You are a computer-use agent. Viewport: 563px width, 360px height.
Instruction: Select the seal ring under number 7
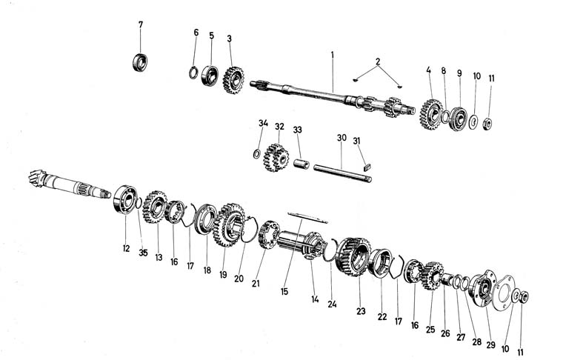(141, 61)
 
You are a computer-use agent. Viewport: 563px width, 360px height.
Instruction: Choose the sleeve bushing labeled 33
(303, 162)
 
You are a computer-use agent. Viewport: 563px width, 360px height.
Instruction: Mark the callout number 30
(342, 138)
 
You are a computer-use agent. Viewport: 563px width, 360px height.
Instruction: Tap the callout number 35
(144, 253)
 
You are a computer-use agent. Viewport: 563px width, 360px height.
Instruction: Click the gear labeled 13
(155, 208)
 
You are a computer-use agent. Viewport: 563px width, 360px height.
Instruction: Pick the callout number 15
(284, 292)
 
